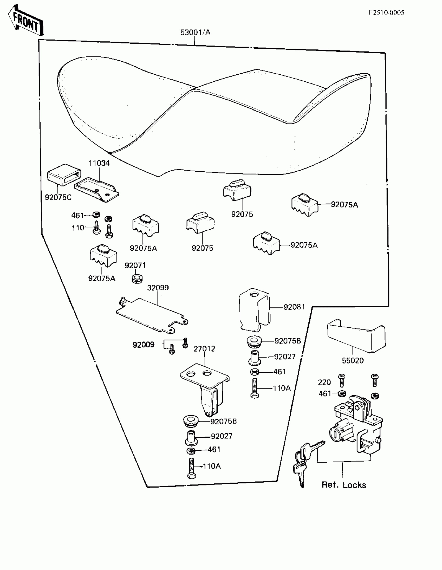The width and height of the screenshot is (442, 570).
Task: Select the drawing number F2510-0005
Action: click(386, 12)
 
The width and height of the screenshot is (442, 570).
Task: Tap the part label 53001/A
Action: click(195, 32)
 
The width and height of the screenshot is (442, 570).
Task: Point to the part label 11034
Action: click(99, 163)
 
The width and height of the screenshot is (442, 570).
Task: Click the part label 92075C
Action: click(58, 197)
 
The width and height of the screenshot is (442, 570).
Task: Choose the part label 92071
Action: click(135, 265)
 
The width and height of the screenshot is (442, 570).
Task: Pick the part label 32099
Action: click(158, 288)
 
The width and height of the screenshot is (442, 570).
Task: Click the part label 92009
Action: click(144, 345)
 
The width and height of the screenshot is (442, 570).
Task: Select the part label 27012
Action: click(204, 349)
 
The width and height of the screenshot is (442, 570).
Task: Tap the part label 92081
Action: click(294, 307)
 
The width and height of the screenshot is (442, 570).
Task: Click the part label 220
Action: click(324, 382)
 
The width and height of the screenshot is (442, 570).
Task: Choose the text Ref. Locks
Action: click(344, 485)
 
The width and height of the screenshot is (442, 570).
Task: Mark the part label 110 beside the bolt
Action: click(78, 228)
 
